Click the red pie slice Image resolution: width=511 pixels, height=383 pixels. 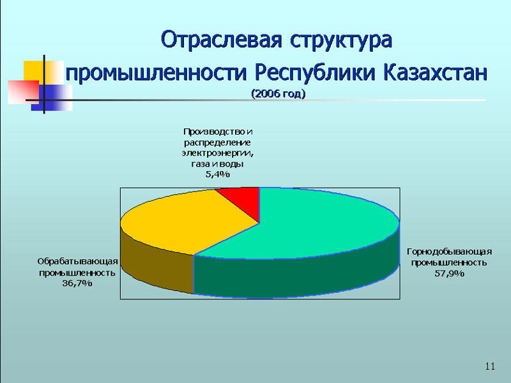pyautogui.click(x=245, y=200)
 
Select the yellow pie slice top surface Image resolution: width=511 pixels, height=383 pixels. pyautogui.click(x=183, y=222)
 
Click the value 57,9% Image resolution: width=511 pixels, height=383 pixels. pyautogui.click(x=450, y=274)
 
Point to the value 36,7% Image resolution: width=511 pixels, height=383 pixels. pyautogui.click(x=77, y=283)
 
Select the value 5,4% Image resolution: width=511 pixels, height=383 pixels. pyautogui.click(x=217, y=174)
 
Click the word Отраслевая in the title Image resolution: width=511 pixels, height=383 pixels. pyautogui.click(x=221, y=40)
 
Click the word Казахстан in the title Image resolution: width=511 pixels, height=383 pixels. pyautogui.click(x=436, y=72)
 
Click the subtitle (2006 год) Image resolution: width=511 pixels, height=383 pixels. pyautogui.click(x=278, y=94)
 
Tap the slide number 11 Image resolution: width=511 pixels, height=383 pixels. pyautogui.click(x=490, y=366)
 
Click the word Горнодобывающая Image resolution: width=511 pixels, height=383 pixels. pyautogui.click(x=450, y=252)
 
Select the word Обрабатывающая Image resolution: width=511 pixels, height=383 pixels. pyautogui.click(x=77, y=262)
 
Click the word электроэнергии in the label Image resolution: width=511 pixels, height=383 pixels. pyautogui.click(x=218, y=153)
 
